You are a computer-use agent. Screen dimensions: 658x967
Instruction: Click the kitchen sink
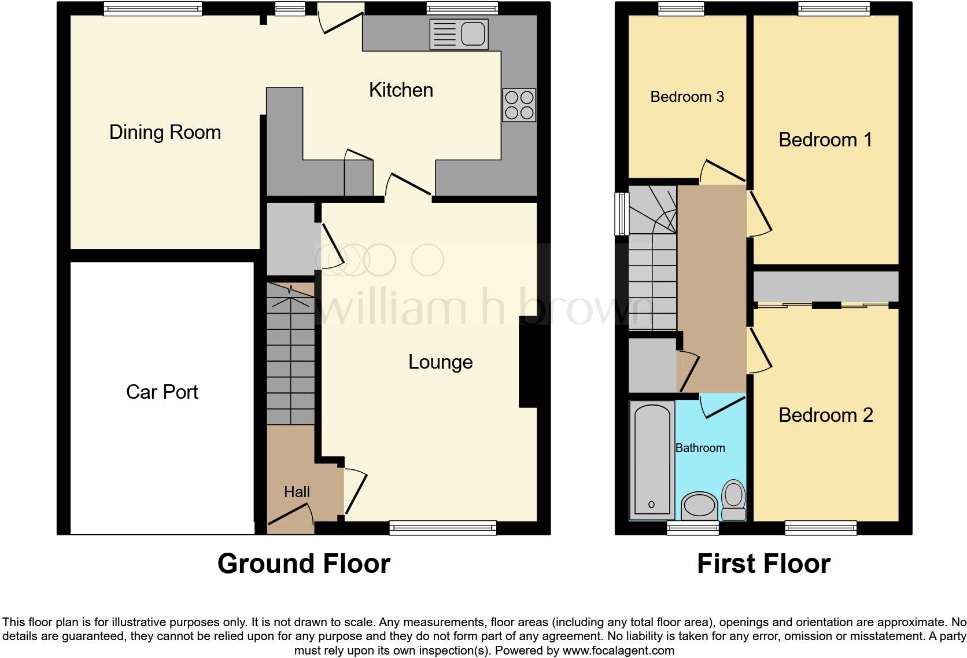459,34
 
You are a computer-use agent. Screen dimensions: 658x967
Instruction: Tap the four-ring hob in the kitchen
519,105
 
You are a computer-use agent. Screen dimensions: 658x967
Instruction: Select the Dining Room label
165,133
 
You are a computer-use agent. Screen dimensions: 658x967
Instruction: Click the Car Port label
162,392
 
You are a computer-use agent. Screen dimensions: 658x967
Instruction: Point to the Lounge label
440,362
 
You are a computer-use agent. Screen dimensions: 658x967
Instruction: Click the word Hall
297,492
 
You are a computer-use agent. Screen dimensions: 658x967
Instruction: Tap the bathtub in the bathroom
652,460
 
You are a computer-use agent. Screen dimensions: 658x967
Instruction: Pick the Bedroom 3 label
687,97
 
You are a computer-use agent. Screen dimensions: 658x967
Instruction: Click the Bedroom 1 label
825,140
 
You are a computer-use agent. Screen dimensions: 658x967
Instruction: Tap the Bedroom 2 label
825,416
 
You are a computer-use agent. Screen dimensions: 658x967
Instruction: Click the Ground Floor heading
304,564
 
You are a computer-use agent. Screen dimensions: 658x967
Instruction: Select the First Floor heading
763,564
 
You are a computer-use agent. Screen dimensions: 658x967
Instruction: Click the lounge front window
442,527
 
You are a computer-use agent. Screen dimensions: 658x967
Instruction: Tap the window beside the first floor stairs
622,214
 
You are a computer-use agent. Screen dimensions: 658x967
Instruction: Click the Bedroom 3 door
722,171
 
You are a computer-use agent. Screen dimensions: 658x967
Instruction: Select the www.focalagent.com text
618,650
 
